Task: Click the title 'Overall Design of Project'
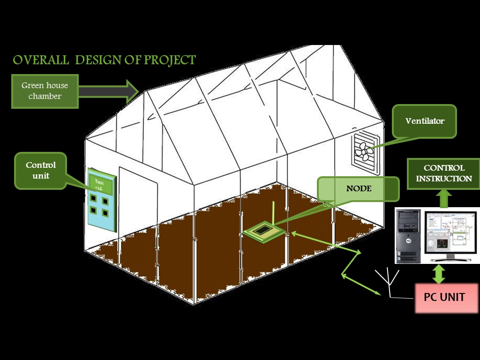pyautogui.click(x=104, y=60)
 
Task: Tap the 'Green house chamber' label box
pyautogui.click(x=45, y=90)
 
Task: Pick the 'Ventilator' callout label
pyautogui.click(x=425, y=121)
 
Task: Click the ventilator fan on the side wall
pyautogui.click(x=365, y=151)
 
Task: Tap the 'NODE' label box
pyautogui.click(x=359, y=189)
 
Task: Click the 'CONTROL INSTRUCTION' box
pyautogui.click(x=444, y=173)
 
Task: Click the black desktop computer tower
pyautogui.click(x=408, y=235)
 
